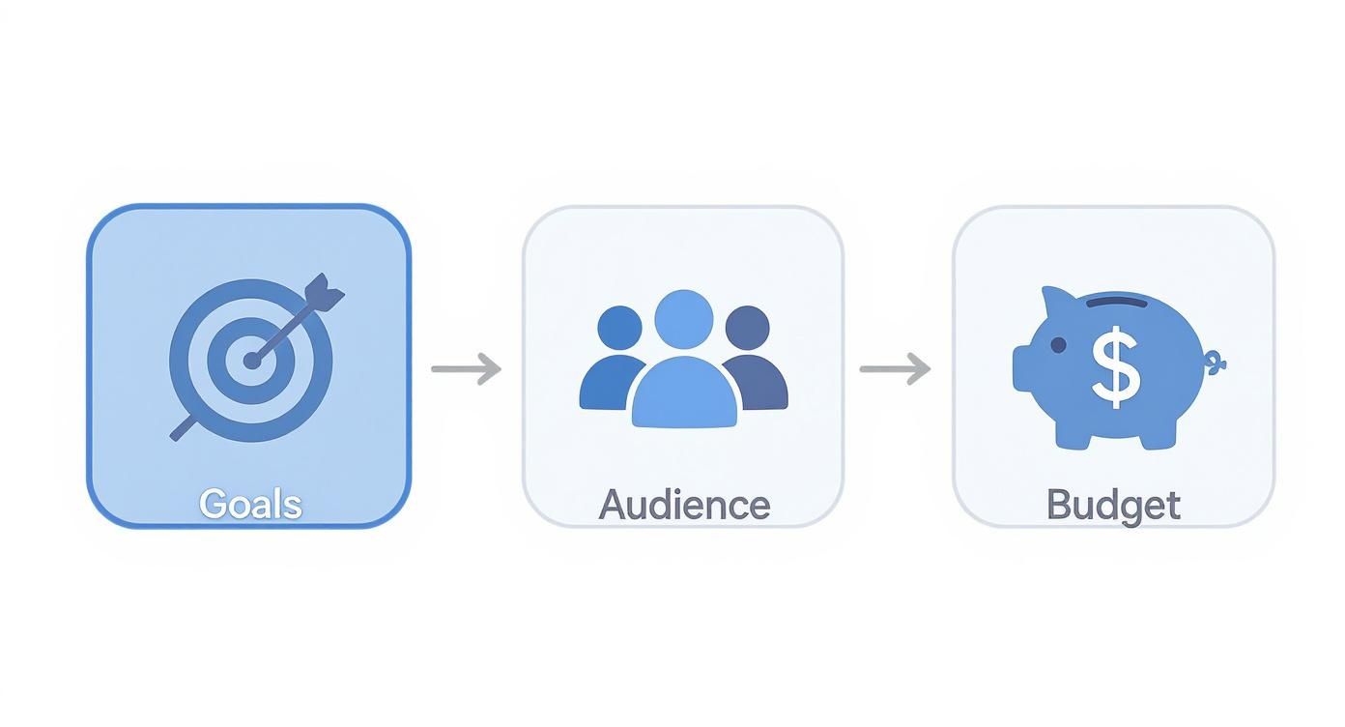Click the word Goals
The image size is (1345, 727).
pos(250,504)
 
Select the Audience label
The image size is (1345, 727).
pos(684,505)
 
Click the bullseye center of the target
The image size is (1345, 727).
pos(252,361)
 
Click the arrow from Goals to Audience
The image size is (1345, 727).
pos(467,368)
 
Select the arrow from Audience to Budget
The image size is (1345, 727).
pos(896,368)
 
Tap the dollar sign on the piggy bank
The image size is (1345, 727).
pos(1116,367)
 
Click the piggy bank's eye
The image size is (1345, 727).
pos(1058,345)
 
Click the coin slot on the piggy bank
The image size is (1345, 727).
pos(1117,302)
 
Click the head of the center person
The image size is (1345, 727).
pos(684,319)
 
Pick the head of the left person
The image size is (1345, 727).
pos(619,328)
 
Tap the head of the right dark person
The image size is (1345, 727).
pos(748,328)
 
